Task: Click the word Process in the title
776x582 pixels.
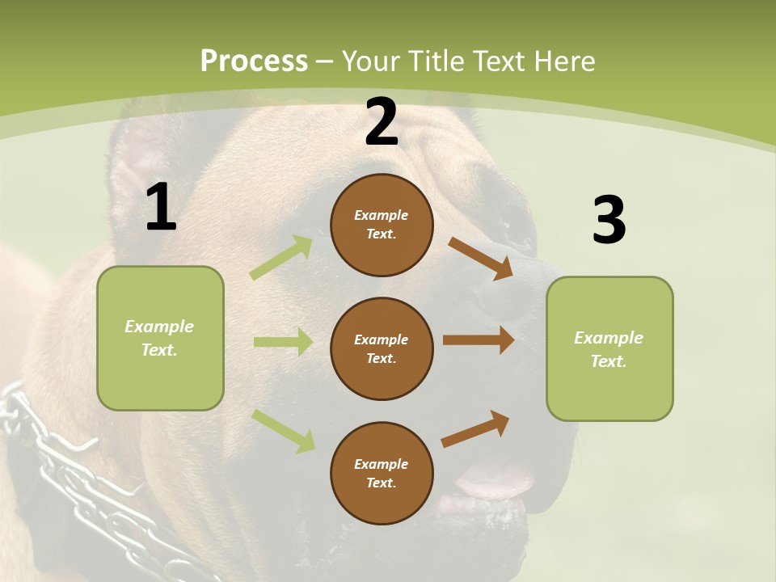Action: tap(254, 61)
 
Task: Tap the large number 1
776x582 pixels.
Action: tap(161, 208)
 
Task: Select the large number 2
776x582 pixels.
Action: tap(382, 123)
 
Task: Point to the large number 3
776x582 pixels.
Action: tap(609, 221)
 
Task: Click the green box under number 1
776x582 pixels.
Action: tap(160, 338)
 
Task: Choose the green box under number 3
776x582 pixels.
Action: tap(609, 348)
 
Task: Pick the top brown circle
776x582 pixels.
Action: tap(382, 225)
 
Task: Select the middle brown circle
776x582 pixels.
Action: tap(382, 348)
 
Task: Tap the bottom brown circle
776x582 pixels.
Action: tap(382, 473)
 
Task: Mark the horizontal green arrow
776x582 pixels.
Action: tap(283, 342)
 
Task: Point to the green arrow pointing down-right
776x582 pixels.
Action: tap(284, 431)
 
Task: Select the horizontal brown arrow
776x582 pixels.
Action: tap(478, 340)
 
